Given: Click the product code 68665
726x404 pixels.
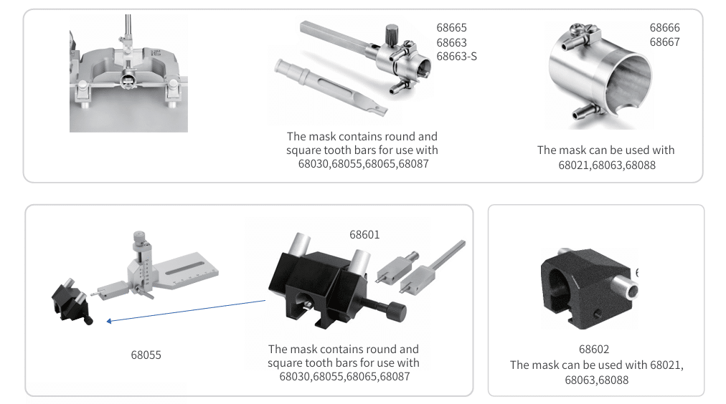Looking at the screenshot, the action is tap(451, 28).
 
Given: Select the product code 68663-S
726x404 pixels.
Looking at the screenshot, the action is tap(456, 57).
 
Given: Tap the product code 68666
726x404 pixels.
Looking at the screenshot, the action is tap(664, 28).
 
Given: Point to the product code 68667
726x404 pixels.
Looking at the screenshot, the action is tap(664, 42).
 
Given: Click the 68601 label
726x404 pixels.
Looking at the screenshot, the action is tap(364, 235).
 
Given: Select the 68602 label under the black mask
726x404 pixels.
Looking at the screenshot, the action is tap(594, 350).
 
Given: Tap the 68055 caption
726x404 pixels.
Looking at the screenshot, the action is tap(146, 355).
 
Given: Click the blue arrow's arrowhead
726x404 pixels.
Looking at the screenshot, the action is tap(109, 321).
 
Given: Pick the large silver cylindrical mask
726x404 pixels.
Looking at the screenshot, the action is tap(600, 76).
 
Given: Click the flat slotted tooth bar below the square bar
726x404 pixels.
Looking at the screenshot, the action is tap(330, 87).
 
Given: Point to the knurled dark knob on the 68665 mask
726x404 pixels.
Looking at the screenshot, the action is tap(391, 34).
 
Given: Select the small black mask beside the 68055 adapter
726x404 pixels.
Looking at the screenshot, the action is tap(71, 302).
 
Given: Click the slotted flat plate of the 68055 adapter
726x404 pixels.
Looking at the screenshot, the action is tap(185, 270).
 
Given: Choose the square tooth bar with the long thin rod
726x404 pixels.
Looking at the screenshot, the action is tap(433, 268).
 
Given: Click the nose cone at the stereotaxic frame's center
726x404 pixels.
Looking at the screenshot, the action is tap(127, 81).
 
